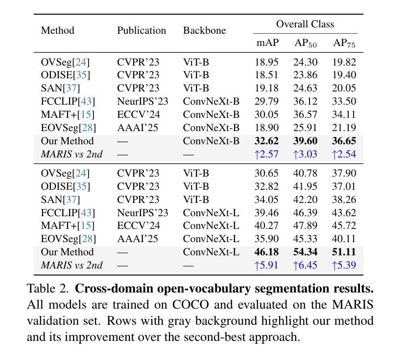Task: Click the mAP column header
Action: point(267,43)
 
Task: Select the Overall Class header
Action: point(305,24)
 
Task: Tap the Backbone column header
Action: point(204,30)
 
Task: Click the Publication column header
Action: point(142,30)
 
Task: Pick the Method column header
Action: point(57,30)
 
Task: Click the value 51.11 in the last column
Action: point(344,252)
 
